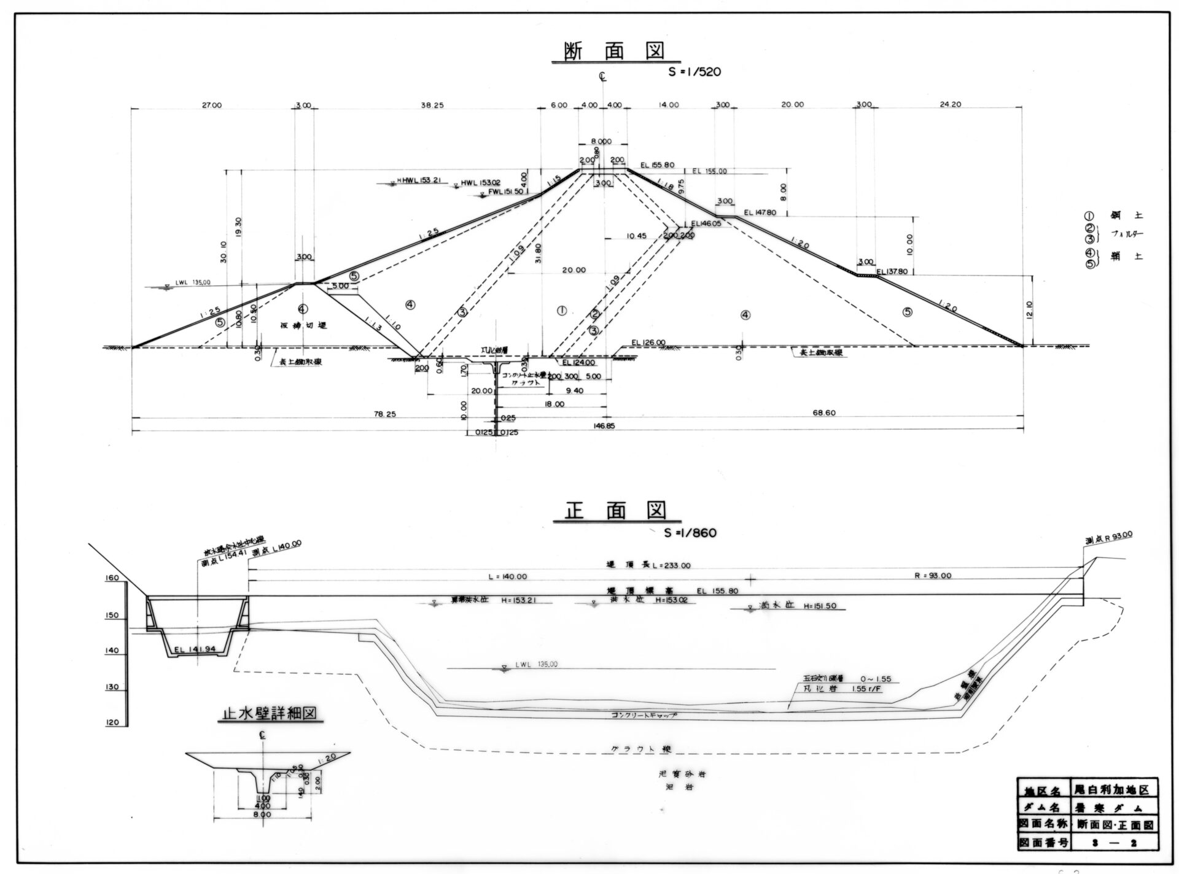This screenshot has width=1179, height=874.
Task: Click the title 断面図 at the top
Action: tap(615, 50)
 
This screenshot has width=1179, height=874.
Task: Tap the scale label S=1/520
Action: tap(695, 72)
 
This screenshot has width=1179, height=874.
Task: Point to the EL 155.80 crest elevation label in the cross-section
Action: tap(658, 165)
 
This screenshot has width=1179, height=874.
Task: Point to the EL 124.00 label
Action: tap(578, 363)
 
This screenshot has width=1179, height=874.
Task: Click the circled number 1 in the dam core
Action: tap(561, 311)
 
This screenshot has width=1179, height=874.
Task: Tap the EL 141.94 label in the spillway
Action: tap(195, 650)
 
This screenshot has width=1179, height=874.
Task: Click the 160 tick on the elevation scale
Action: tap(112, 578)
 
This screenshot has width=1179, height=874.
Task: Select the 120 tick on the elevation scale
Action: tap(112, 723)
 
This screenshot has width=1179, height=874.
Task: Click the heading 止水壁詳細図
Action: tap(270, 713)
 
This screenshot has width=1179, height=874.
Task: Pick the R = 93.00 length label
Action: tap(935, 576)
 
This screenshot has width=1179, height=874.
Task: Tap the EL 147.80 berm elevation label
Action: tap(760, 213)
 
